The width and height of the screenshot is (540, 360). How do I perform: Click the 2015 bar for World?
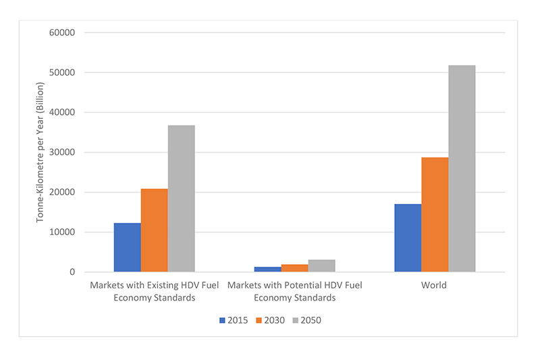click(408, 238)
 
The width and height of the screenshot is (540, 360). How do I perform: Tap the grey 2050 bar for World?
click(462, 169)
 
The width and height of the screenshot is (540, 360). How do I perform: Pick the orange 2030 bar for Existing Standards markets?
click(154, 230)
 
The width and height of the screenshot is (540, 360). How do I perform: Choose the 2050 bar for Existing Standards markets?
click(181, 199)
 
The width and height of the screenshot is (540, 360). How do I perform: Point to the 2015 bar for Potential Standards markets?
click(267, 269)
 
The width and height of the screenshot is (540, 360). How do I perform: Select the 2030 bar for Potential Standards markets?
click(294, 268)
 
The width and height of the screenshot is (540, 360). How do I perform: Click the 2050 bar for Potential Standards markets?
click(321, 266)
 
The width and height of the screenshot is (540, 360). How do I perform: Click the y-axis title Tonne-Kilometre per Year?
click(40, 152)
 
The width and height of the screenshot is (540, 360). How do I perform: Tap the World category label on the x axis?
click(434, 285)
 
